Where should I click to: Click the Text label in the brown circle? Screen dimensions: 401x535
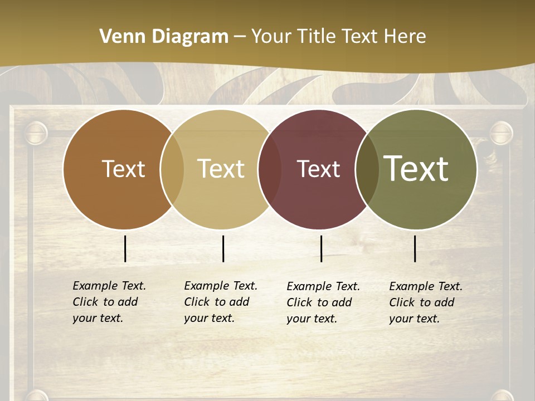click(123, 169)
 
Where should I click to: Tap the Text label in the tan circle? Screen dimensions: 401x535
click(221, 169)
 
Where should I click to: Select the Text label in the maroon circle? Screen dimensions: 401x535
click(318, 169)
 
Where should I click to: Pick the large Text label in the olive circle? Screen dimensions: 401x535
click(416, 168)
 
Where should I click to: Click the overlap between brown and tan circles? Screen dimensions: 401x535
click(172, 169)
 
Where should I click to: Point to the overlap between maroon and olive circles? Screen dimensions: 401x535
click(367, 169)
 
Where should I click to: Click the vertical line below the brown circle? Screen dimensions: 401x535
click(125, 248)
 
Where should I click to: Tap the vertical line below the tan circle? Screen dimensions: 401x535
click(223, 248)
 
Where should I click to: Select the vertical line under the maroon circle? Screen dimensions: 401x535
click(322, 248)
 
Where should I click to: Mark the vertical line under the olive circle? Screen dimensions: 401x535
click(415, 248)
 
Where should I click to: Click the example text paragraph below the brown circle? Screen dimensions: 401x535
click(109, 302)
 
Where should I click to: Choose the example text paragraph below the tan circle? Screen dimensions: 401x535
click(221, 302)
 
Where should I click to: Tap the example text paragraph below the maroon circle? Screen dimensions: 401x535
click(323, 302)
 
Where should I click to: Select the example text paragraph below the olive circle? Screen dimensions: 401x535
click(426, 302)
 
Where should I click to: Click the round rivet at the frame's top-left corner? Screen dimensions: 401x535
click(36, 133)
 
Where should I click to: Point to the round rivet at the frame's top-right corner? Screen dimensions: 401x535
click(500, 133)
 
